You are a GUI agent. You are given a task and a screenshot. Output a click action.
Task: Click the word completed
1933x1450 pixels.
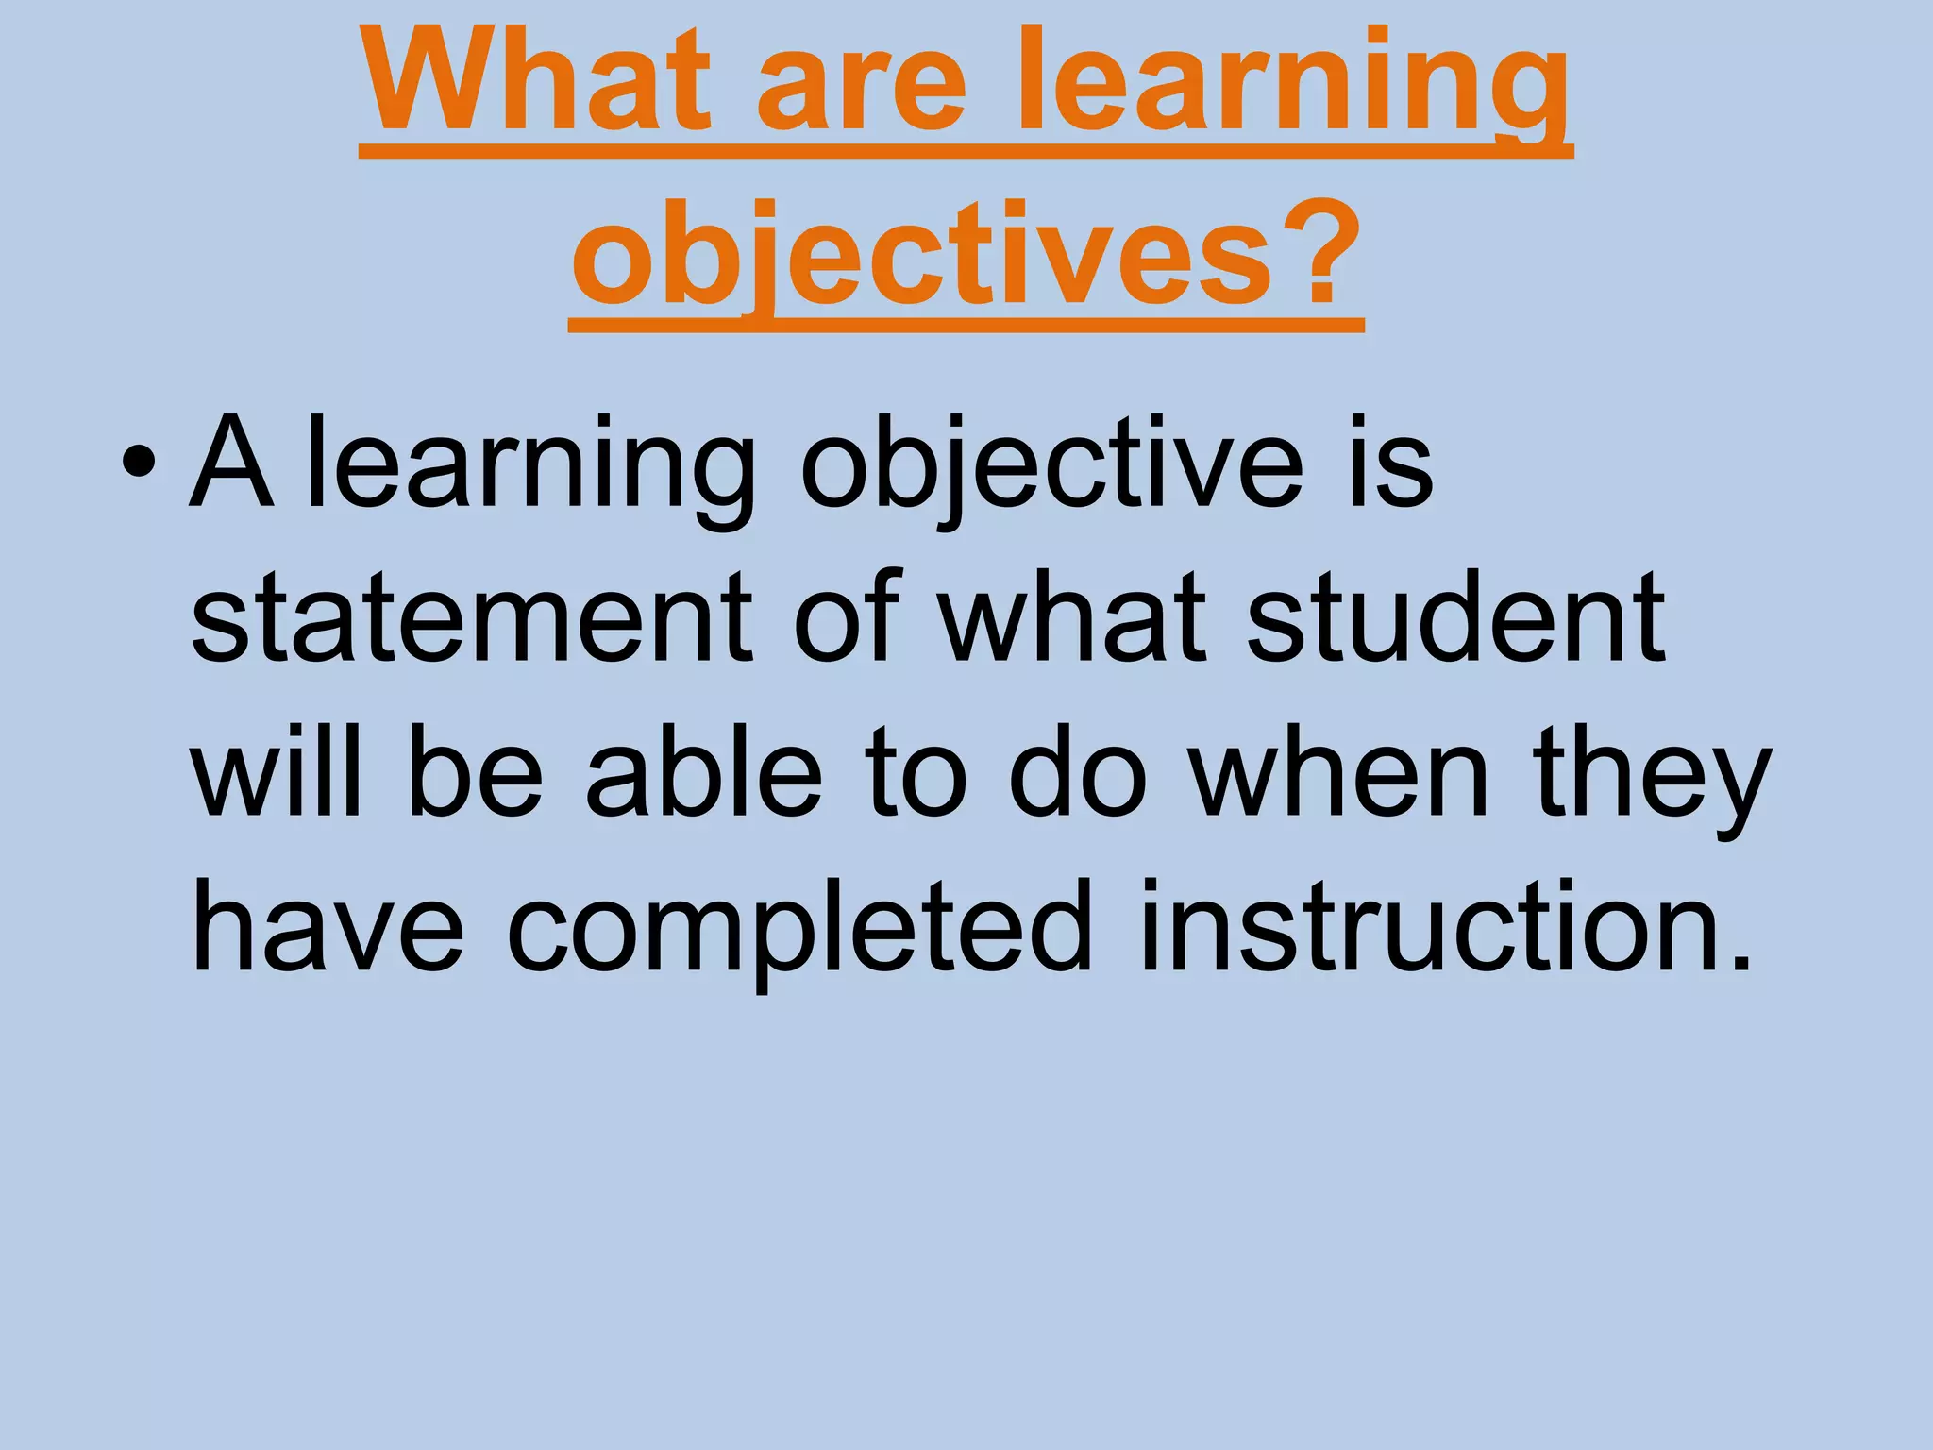tap(799, 930)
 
